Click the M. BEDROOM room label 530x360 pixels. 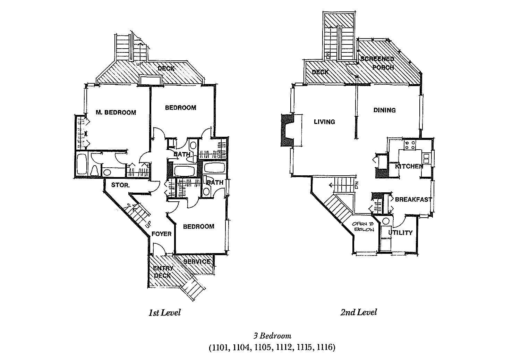[x=116, y=112]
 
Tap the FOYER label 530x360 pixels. [x=162, y=234]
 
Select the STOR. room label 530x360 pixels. [x=120, y=185]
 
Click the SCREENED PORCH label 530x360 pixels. [x=378, y=63]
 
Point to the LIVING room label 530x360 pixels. [x=324, y=122]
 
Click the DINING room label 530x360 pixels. [x=384, y=110]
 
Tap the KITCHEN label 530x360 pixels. [x=409, y=166]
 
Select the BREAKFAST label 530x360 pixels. [x=413, y=200]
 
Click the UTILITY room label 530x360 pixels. [x=400, y=233]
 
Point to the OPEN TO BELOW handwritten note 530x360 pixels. [x=363, y=227]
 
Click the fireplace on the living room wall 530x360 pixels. [x=287, y=130]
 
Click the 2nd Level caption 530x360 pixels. [x=359, y=312]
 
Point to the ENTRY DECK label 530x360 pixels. [x=162, y=272]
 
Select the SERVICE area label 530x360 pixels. [x=197, y=261]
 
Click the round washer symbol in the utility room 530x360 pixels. [x=385, y=221]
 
